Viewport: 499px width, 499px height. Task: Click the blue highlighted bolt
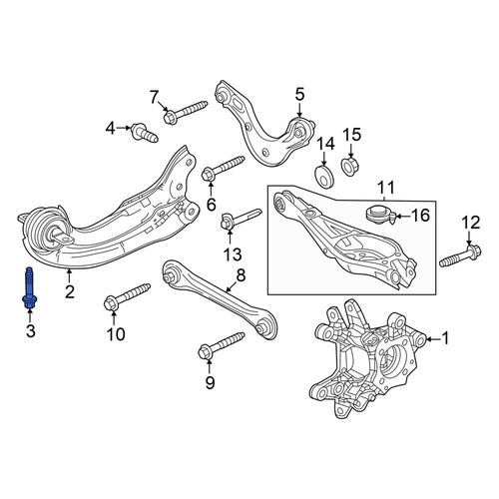29,288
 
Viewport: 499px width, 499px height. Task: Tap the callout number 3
30,331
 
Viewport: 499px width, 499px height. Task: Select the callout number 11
385,188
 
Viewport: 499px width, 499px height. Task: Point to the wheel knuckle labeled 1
367,358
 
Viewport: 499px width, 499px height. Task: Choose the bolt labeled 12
461,255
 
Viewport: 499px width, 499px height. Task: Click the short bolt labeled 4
145,133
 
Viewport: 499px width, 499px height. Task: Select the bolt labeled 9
222,346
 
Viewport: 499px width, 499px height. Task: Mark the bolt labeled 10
127,296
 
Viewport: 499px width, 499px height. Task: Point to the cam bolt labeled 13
242,219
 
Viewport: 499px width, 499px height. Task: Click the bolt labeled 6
224,169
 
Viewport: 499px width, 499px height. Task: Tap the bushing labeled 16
380,215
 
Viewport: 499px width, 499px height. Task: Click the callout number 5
299,95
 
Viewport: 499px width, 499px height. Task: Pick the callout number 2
70,291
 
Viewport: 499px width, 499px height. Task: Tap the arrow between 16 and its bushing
403,217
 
